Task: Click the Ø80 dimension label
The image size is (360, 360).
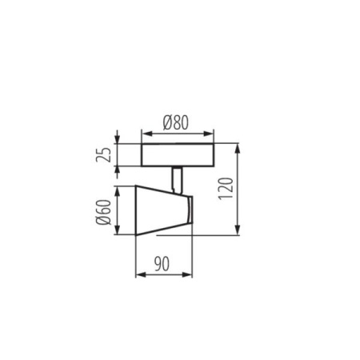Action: click(177, 122)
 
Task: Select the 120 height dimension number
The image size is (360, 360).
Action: click(253, 189)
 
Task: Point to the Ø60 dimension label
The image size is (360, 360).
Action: click(103, 212)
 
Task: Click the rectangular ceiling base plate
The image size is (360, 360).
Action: click(177, 155)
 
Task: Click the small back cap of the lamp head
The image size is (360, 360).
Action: click(188, 212)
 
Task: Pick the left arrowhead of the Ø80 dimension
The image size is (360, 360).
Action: click(144, 132)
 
